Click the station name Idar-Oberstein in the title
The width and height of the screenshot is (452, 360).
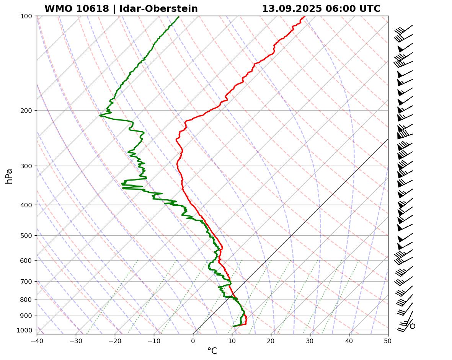click(x=158, y=9)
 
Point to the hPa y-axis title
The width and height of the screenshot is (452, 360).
click(x=9, y=176)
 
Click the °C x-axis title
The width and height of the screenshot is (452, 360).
click(x=212, y=351)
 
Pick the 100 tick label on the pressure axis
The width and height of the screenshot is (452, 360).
click(x=26, y=16)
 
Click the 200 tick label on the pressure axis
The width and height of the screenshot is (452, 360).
click(x=26, y=111)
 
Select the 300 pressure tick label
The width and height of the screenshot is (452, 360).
click(x=26, y=166)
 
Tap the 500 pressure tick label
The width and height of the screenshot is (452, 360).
click(x=26, y=236)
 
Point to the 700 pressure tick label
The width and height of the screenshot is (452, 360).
click(x=26, y=282)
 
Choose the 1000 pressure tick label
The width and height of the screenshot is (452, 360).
click(x=24, y=330)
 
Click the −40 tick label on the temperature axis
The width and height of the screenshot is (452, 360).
click(x=37, y=340)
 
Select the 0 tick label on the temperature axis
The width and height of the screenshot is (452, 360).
click(x=193, y=340)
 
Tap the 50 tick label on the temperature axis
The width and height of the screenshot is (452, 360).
click(x=388, y=340)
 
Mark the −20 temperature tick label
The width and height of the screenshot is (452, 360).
click(x=115, y=340)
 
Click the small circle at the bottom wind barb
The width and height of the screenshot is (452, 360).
click(x=412, y=326)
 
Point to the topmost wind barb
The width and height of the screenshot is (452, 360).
click(x=404, y=30)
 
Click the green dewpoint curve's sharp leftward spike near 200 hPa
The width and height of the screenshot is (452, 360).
click(x=100, y=115)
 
